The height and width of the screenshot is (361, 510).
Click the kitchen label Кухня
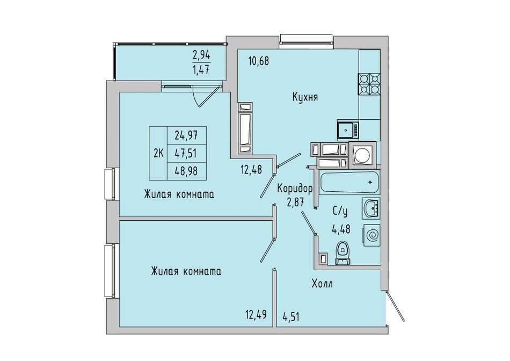pyautogui.click(x=305, y=98)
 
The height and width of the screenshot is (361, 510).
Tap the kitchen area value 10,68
pyautogui.click(x=258, y=61)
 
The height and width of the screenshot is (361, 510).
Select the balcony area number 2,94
pyautogui.click(x=202, y=54)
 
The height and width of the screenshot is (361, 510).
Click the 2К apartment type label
pyautogui.click(x=158, y=153)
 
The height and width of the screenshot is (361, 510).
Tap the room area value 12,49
pyautogui.click(x=256, y=314)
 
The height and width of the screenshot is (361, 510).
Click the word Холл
pyautogui.click(x=322, y=284)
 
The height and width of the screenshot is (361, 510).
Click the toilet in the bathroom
pyautogui.click(x=342, y=253)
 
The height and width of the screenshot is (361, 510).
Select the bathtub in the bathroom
pyautogui.click(x=349, y=183)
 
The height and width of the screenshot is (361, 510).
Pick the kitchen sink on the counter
pyautogui.click(x=346, y=129)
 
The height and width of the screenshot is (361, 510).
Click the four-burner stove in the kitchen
pyautogui.click(x=370, y=84)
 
